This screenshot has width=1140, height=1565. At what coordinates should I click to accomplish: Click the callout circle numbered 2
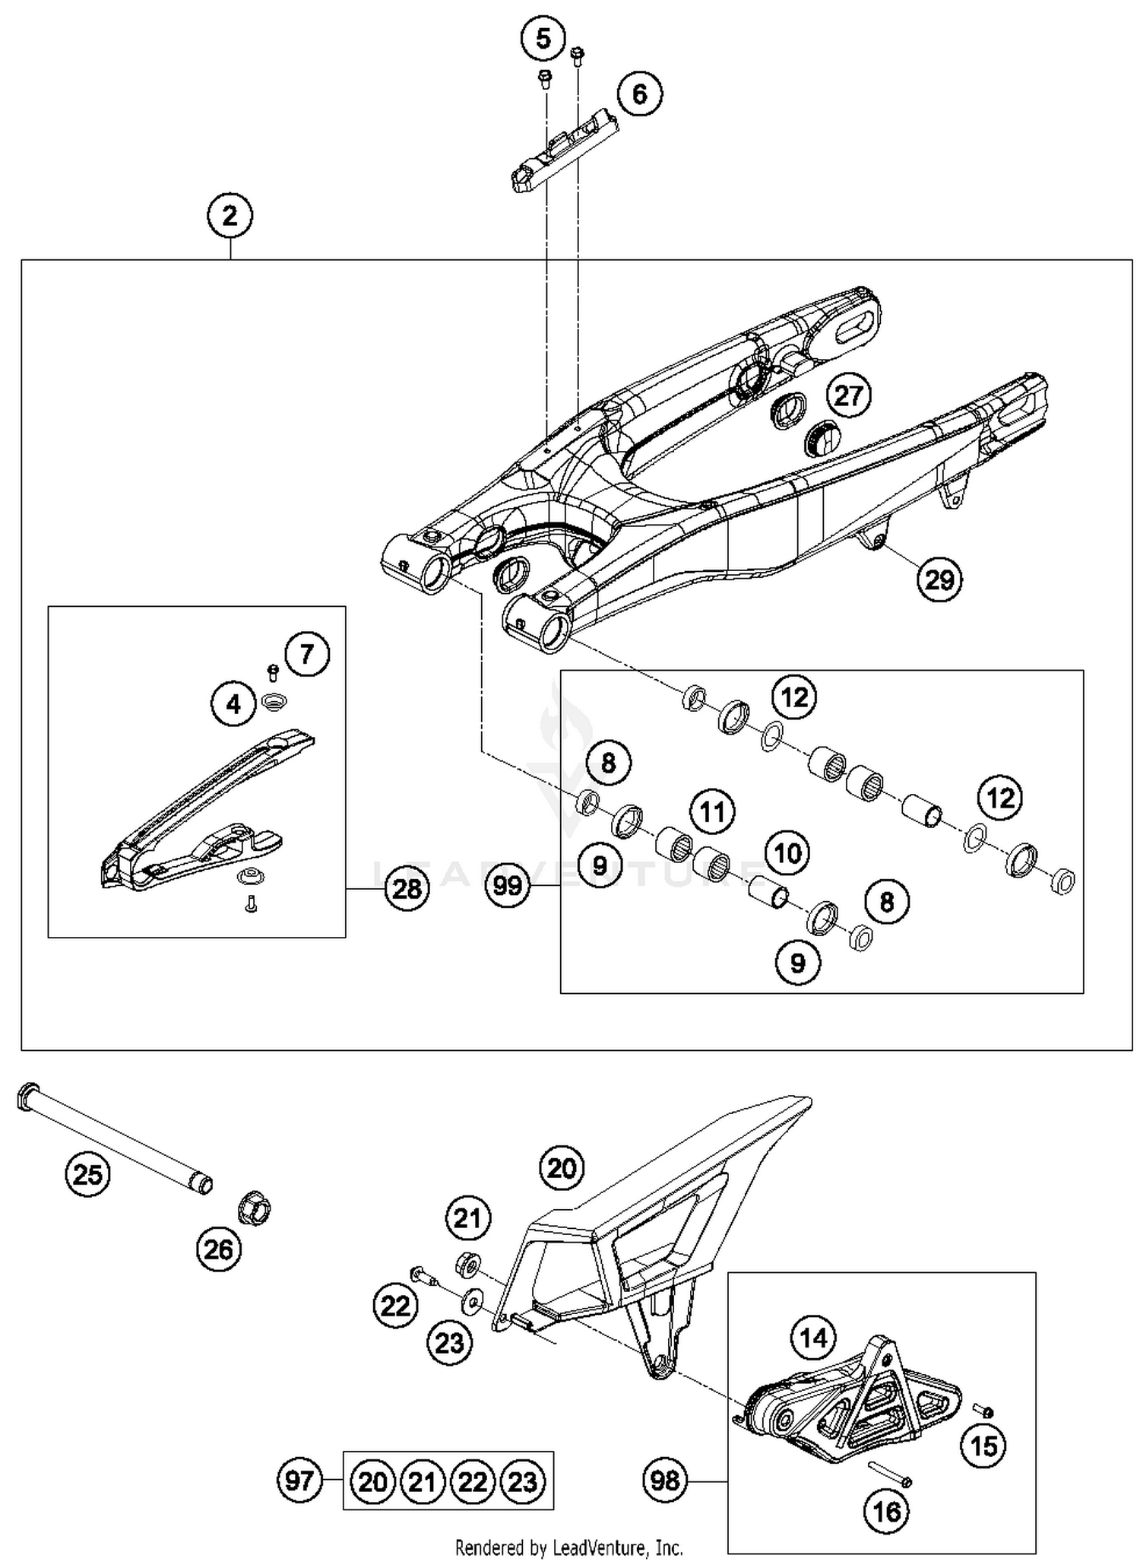[230, 216]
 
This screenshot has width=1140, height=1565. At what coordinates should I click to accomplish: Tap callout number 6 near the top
[639, 94]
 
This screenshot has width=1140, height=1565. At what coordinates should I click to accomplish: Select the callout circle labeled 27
[848, 395]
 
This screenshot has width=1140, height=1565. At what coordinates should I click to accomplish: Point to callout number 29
[939, 579]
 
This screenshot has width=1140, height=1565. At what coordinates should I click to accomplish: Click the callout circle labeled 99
[508, 885]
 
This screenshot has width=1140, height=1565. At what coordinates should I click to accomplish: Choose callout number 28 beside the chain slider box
[407, 888]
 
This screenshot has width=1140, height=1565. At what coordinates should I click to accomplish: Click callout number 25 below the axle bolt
[87, 1175]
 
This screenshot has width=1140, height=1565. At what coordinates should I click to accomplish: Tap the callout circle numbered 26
[218, 1249]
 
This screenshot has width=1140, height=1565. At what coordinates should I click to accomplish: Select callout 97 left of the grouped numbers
[299, 1481]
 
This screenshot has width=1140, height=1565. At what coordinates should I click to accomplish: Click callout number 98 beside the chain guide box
[665, 1481]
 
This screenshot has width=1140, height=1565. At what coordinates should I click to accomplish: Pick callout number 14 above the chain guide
[813, 1337]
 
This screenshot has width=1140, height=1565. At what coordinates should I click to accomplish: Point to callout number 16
[887, 1512]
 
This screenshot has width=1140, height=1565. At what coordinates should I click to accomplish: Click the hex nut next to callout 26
[255, 1208]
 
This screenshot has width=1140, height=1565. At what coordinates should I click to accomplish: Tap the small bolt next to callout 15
[985, 1411]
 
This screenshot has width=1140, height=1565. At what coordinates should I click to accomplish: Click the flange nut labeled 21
[467, 1265]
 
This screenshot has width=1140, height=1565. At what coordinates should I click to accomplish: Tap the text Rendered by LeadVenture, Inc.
[568, 1548]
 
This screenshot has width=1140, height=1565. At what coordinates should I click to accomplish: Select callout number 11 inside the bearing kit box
[712, 811]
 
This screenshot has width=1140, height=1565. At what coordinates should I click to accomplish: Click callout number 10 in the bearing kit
[787, 853]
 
